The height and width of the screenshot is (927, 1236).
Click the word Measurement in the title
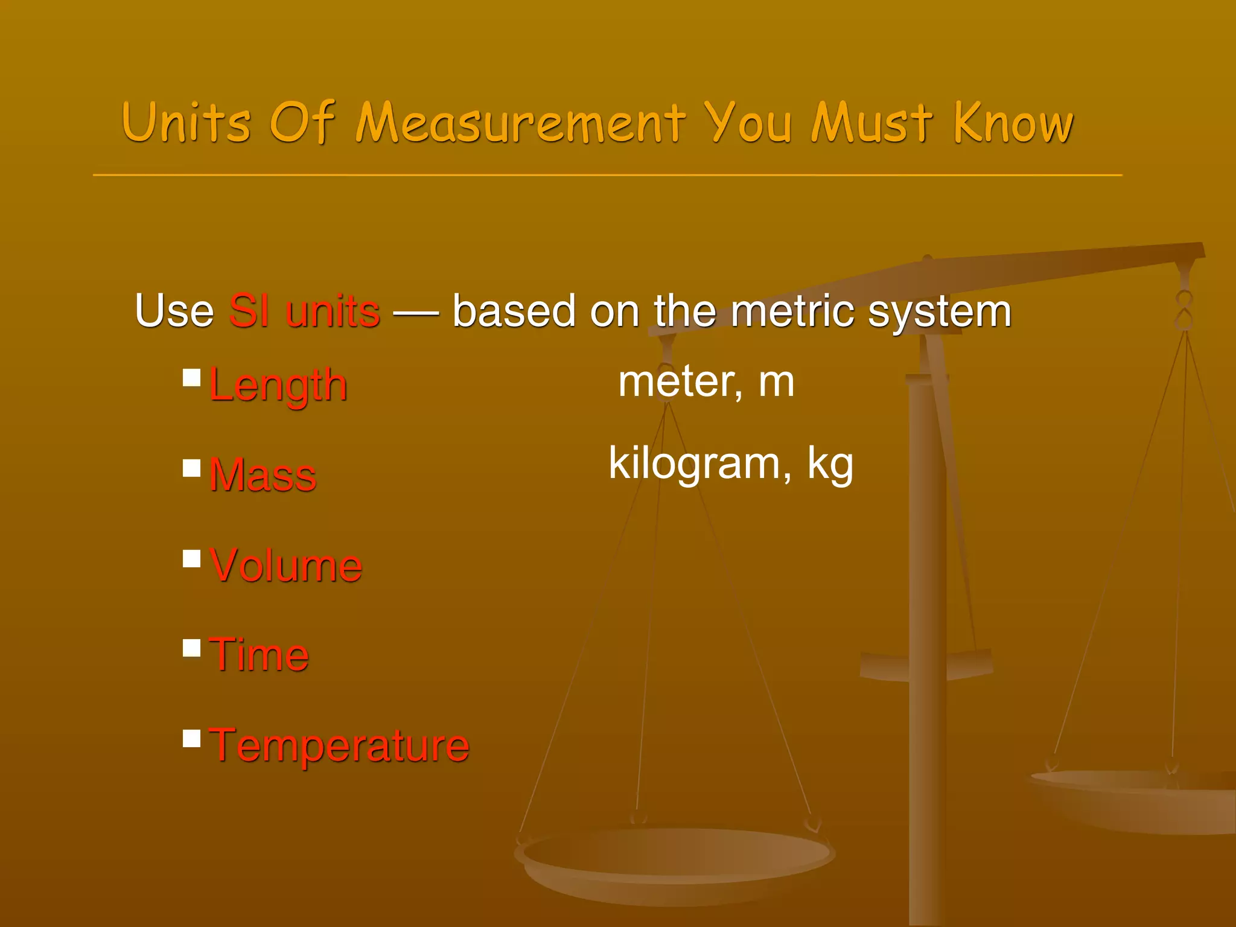[x=520, y=124]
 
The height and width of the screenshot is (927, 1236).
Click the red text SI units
[x=304, y=311]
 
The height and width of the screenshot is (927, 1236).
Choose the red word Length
[x=278, y=385]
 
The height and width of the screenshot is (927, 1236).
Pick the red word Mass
[x=263, y=475]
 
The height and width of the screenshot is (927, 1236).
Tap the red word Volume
[x=286, y=565]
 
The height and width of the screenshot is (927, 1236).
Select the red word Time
[x=259, y=655]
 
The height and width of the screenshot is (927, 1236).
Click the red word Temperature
[x=339, y=746]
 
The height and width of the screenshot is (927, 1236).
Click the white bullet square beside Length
[x=192, y=378]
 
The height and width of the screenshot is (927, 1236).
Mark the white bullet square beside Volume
[x=192, y=559]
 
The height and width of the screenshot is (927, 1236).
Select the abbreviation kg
[x=830, y=465]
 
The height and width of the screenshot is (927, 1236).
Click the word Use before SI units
[x=174, y=311]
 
